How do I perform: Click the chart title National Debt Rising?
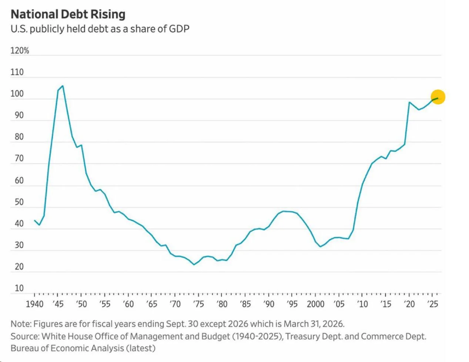pos(68,14)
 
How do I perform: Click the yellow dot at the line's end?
pos(438,97)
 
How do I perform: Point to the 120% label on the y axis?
pos(20,50)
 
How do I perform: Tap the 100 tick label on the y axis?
pos(17,94)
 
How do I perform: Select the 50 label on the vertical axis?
pos(19,202)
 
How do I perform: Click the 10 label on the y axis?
pos(19,288)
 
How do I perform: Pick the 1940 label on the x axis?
pos(34,304)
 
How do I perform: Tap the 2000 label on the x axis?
pos(315,304)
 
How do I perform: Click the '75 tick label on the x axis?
pos(198,304)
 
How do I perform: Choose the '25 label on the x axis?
pos(432,304)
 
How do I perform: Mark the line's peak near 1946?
pos(63,86)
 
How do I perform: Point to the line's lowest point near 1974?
pos(194,265)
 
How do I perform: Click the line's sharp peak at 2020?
pos(409,102)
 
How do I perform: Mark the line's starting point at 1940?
pos(34,220)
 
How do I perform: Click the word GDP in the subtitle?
pos(179,29)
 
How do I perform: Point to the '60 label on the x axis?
pos(128,304)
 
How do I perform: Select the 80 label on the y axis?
pos(19,137)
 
